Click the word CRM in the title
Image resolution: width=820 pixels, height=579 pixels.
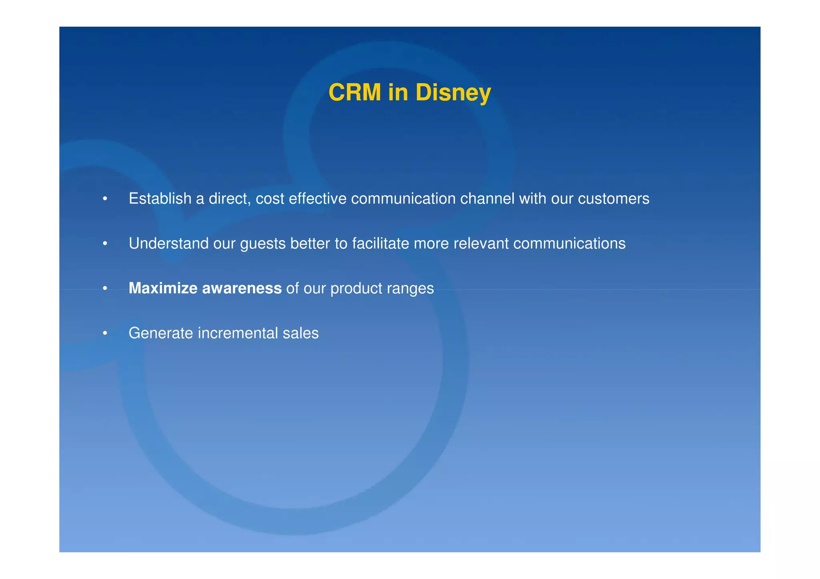tap(354, 92)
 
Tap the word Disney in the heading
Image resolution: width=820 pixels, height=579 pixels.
tap(453, 92)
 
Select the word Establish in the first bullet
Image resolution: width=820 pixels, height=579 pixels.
tap(160, 198)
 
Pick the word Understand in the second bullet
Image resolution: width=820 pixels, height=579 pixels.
tap(168, 243)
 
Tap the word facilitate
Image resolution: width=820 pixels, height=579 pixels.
tap(380, 243)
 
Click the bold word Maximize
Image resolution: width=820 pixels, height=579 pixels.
tap(163, 288)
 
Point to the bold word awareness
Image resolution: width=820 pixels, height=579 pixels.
tap(241, 288)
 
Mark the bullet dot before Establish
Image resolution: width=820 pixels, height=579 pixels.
tap(105, 199)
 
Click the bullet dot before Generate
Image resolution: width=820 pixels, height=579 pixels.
tap(105, 333)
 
